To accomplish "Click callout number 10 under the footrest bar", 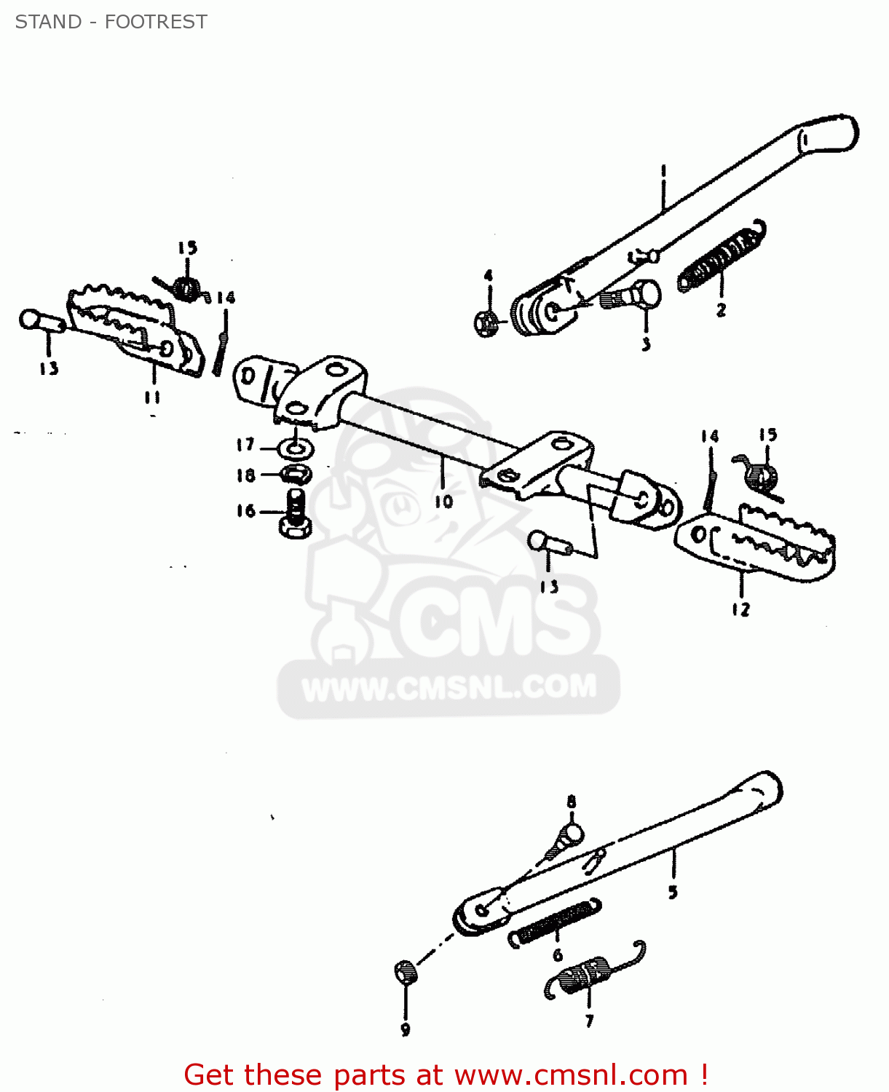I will [x=443, y=502].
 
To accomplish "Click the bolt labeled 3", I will [x=633, y=296].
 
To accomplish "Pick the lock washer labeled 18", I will [x=296, y=475].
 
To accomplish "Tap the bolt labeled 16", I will [x=296, y=513].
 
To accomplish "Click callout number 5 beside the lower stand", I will [x=673, y=891].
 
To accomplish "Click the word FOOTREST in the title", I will [x=156, y=22].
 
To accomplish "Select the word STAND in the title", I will [x=48, y=22].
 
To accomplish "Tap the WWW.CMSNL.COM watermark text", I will [x=449, y=687].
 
